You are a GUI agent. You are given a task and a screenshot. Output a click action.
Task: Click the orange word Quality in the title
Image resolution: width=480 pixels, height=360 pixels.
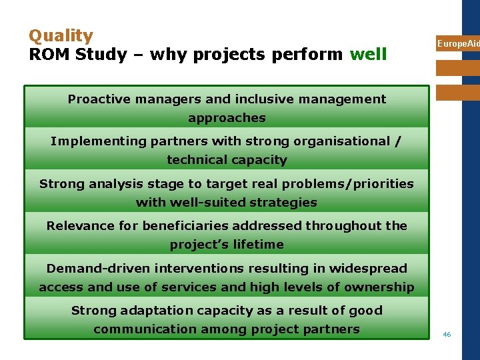point(61,36)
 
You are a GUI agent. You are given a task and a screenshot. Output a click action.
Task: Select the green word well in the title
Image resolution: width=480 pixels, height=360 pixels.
point(368,54)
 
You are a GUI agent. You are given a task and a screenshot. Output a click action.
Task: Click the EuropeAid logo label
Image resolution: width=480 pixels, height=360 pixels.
point(458,44)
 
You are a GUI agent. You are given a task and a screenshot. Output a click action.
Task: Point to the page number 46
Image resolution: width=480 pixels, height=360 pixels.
point(447,334)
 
